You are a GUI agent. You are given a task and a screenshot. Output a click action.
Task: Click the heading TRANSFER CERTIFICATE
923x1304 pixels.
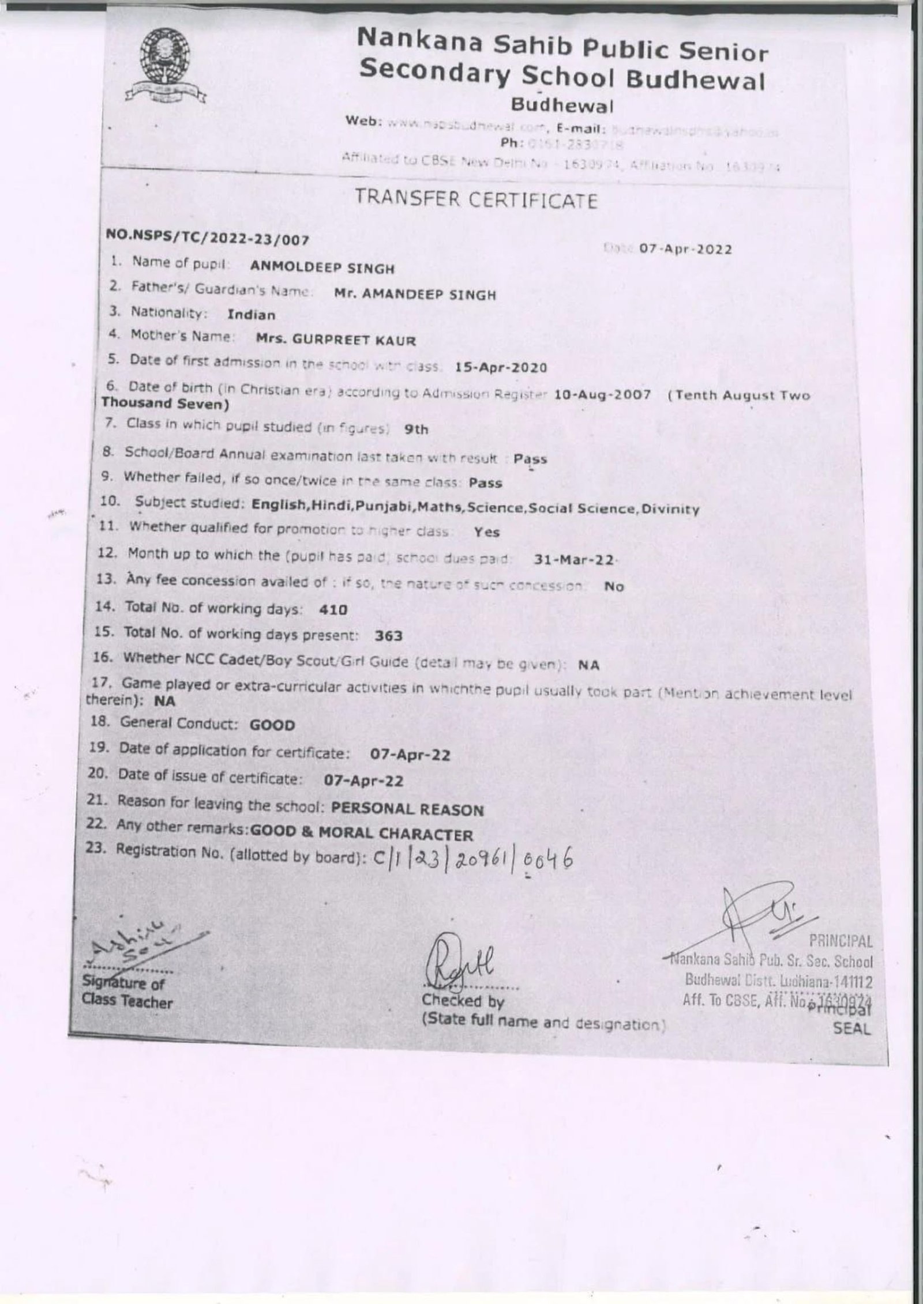click(x=475, y=199)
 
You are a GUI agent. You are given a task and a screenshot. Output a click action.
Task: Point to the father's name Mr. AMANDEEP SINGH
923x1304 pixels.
click(x=415, y=295)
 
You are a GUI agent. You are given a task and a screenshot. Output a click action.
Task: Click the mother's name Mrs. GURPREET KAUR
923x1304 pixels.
click(x=336, y=340)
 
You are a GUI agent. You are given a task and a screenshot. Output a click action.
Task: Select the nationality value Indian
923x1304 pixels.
click(x=251, y=315)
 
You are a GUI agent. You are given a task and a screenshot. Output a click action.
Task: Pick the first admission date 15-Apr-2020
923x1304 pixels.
click(x=501, y=367)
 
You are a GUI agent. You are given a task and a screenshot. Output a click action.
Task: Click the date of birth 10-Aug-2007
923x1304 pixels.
click(x=602, y=394)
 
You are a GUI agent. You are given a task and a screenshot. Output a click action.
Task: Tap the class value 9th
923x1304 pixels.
click(x=417, y=429)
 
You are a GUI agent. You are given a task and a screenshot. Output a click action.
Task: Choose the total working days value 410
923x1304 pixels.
click(x=333, y=609)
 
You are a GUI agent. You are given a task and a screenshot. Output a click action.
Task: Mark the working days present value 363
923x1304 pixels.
click(x=388, y=636)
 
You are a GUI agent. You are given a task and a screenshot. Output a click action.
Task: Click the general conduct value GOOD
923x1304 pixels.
click(x=272, y=725)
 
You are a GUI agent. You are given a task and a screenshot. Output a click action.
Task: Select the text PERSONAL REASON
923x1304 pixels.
click(x=407, y=809)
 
